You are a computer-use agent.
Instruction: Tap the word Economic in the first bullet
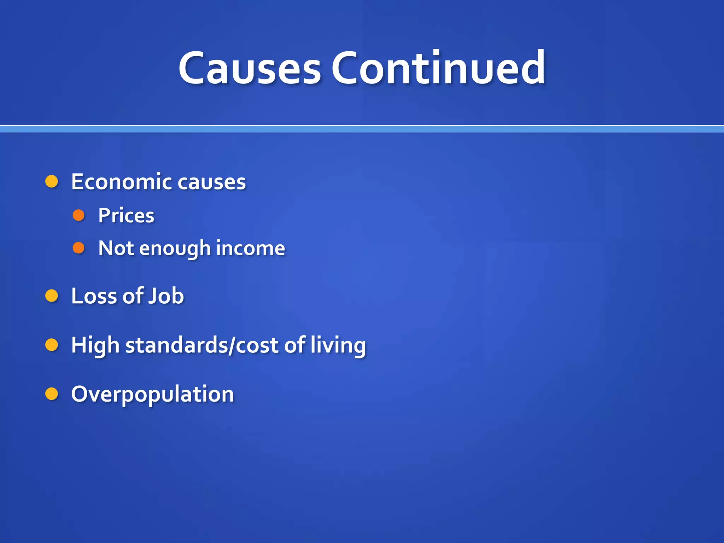121,182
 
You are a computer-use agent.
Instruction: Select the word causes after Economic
211,182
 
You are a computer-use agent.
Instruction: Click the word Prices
126,215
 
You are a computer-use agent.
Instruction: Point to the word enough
175,249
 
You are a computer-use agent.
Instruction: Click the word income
250,248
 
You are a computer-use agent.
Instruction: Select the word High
95,345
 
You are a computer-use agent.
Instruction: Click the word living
338,345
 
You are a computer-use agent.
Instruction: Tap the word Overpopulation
152,394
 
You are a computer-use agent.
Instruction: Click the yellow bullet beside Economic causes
52,181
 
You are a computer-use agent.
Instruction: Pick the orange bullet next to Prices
78,215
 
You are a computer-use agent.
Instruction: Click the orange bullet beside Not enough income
78,248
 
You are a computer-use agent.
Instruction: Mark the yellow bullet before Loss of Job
52,296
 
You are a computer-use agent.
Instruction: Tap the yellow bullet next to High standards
52,345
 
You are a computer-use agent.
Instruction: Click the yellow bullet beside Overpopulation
52,393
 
